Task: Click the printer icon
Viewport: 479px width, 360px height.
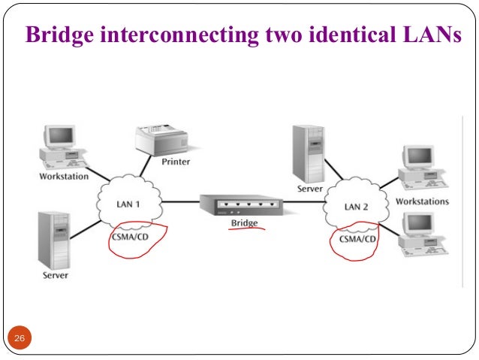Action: pos(159,141)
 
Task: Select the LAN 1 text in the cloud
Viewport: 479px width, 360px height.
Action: pos(128,204)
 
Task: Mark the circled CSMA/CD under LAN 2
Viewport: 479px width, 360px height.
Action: pos(355,239)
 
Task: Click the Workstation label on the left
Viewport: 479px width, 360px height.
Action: pos(64,177)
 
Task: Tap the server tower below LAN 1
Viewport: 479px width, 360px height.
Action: pos(55,239)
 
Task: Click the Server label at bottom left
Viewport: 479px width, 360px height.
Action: pos(55,275)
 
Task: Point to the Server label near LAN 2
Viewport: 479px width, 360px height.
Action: pos(310,189)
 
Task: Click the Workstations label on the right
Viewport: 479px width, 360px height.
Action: pos(422,201)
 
